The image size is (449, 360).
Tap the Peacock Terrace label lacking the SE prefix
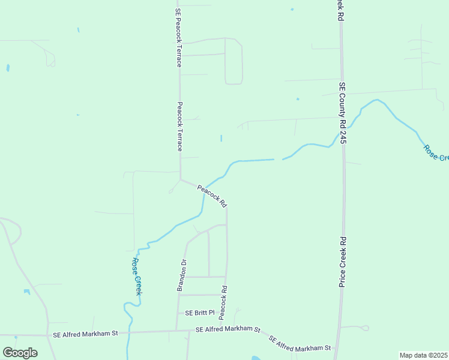point(179,125)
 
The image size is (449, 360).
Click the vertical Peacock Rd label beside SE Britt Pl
point(223,302)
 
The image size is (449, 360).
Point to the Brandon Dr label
point(181,275)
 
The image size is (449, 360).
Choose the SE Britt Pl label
point(199,313)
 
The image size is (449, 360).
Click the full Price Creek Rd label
point(342,262)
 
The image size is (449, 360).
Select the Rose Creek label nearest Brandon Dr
point(136,277)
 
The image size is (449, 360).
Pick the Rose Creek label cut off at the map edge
point(435,152)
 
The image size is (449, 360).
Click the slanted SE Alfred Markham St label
point(300,343)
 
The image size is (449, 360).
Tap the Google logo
point(20,353)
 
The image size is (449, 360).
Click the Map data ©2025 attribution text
point(423,355)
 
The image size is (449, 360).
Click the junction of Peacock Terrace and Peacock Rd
point(181,179)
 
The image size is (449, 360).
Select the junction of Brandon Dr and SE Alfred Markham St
point(176,331)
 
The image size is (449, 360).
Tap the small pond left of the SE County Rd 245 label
point(298,99)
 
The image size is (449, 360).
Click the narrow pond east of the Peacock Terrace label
point(221,138)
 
